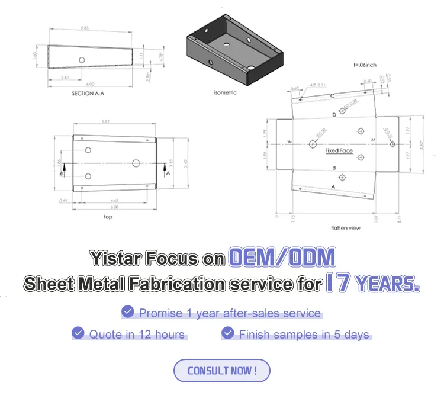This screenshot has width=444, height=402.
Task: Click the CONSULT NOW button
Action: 221,371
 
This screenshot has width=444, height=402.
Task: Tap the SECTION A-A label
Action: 88,93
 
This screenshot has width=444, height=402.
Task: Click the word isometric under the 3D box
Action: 225,92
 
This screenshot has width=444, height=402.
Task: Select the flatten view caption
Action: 346,227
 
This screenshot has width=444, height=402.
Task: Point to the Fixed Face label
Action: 339,151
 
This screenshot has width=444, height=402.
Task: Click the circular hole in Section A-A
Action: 82,60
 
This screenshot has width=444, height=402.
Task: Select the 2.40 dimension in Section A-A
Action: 65,78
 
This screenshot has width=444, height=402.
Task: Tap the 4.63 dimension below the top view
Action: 114,201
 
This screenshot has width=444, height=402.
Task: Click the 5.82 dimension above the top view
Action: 105,122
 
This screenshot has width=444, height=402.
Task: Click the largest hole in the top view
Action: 136,163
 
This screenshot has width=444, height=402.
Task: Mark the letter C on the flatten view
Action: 333,95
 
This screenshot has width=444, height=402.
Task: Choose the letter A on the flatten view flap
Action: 333,186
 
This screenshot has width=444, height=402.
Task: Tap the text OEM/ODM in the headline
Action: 282,257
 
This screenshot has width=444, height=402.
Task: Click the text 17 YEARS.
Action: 373,284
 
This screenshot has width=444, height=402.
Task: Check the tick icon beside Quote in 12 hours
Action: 78,333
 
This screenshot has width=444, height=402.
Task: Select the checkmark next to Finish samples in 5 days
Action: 227,333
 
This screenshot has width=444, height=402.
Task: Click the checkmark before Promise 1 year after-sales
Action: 127,312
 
